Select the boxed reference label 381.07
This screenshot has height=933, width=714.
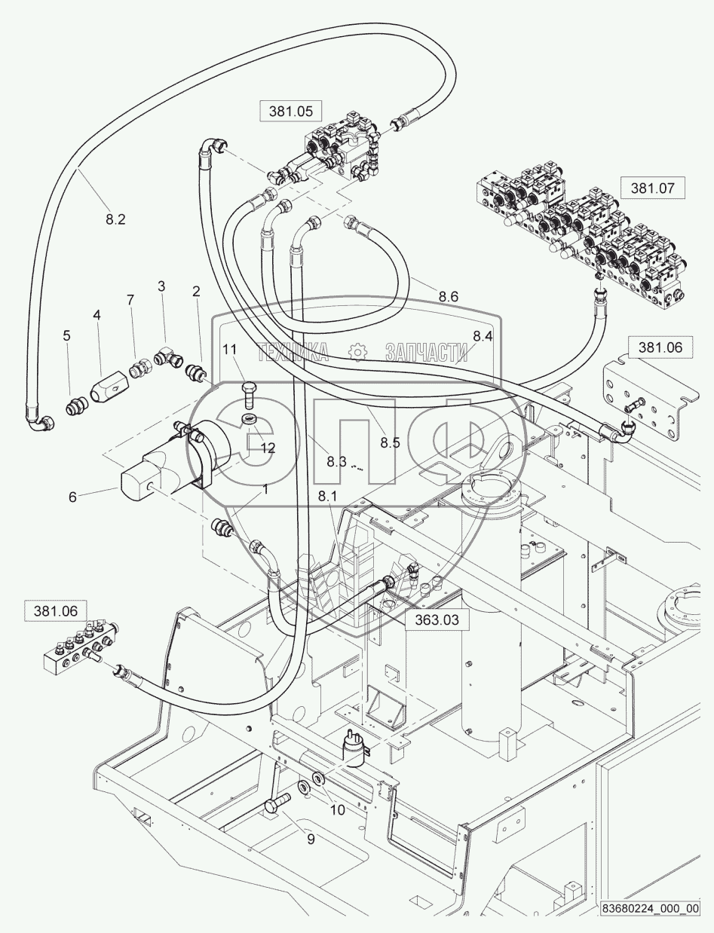[x=652, y=187]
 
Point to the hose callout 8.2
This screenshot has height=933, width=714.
[x=115, y=220]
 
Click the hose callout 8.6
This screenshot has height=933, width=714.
[x=448, y=297]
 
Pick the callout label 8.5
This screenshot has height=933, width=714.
[x=390, y=443]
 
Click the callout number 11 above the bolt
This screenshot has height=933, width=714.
[x=229, y=350]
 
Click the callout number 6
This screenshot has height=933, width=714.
[x=73, y=497]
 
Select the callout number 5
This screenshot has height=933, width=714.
[x=67, y=335]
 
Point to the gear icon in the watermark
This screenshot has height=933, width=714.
[x=357, y=352]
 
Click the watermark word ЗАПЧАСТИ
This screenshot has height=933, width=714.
[x=426, y=352]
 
